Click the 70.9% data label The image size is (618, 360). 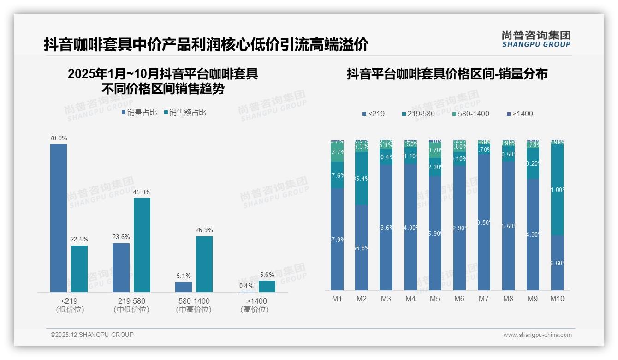(59, 138)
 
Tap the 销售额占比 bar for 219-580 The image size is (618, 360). (142, 245)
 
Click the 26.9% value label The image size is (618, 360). (204, 230)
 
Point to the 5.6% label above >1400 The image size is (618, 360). (267, 275)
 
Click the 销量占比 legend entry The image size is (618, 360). (139, 113)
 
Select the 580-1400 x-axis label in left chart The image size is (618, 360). (194, 301)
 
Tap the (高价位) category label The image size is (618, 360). (254, 310)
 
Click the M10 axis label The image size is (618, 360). (557, 299)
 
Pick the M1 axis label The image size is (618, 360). (337, 299)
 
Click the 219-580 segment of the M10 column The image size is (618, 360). (557, 189)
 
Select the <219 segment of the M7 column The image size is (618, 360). (484, 222)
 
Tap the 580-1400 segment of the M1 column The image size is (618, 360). (337, 152)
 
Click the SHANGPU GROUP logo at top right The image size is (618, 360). (536, 39)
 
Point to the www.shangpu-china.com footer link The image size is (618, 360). (537, 335)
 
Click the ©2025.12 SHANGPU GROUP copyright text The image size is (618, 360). (92, 335)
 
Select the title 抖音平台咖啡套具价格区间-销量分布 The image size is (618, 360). (447, 74)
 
